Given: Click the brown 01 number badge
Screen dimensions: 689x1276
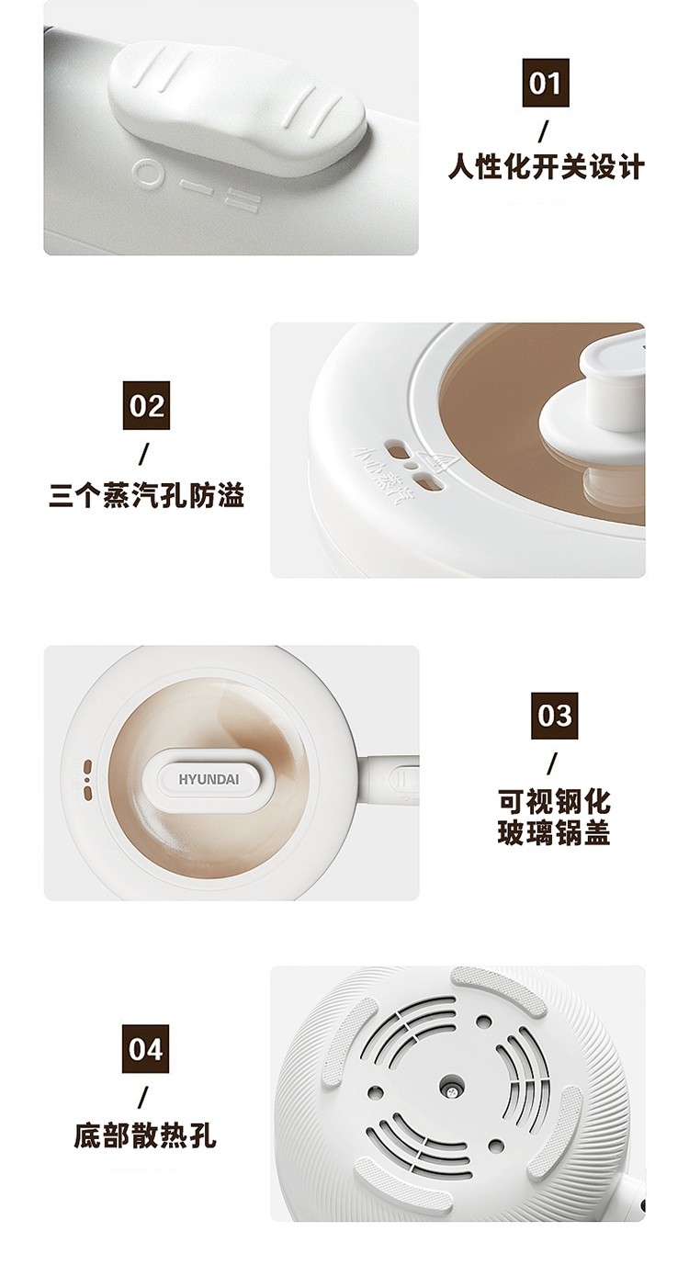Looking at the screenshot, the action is coord(546,84).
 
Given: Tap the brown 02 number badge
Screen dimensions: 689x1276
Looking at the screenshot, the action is coord(146,406).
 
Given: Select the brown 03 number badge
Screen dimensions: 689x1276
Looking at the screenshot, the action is coord(554,716).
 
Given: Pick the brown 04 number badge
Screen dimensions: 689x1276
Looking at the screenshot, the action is coord(145,1049).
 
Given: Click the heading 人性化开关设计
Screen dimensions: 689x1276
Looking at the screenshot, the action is coord(546,167).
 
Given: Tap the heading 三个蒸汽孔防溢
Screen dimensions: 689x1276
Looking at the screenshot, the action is coord(146,495).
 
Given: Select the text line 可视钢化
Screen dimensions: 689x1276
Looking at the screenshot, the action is coord(554,801).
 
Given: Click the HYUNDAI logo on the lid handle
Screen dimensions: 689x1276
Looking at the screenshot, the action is coord(209,779).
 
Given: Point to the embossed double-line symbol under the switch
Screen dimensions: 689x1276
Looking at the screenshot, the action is coord(241,199).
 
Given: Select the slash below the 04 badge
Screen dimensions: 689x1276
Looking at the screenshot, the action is coord(144,1098).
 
